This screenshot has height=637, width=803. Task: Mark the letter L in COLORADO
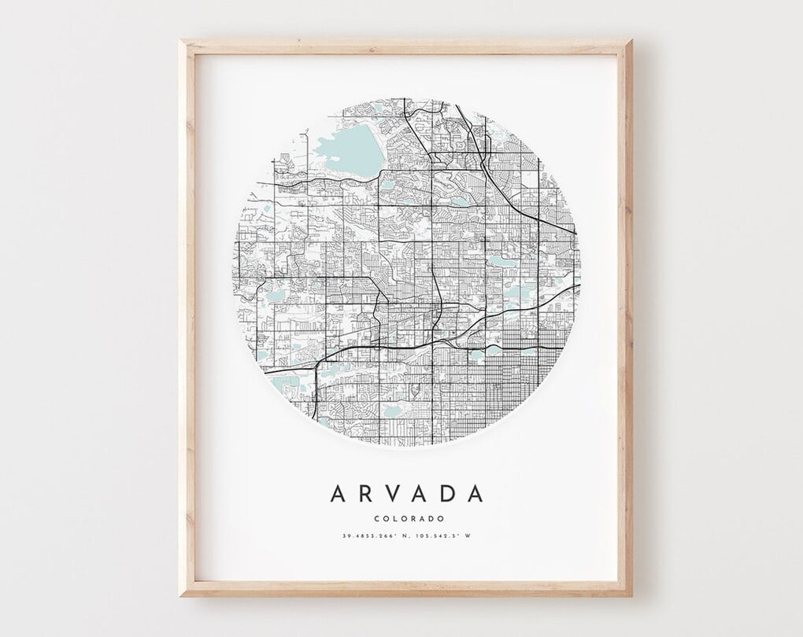[x=394, y=518]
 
